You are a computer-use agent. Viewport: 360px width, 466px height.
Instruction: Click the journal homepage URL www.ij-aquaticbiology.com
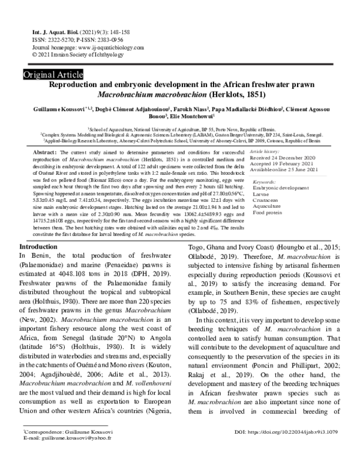99,46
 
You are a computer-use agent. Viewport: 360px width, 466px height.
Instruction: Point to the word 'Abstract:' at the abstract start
45,153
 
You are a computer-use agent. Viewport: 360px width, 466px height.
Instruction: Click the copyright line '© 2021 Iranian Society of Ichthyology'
71,53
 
